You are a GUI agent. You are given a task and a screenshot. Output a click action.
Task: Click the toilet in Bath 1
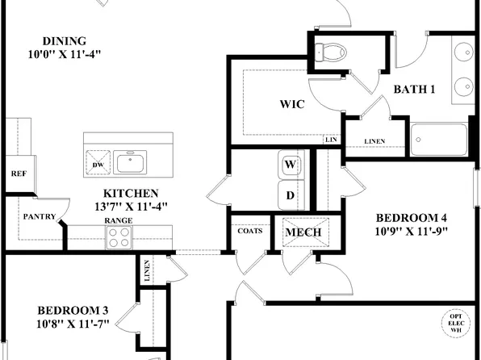(331, 52)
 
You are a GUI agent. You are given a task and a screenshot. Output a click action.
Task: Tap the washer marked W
(291, 164)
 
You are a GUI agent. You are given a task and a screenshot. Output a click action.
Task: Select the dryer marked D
(291, 195)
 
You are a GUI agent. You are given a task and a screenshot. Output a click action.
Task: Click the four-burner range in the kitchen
(119, 237)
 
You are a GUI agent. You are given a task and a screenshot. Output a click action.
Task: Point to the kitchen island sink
(130, 162)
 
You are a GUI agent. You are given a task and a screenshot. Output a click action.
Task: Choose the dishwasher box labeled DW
(98, 162)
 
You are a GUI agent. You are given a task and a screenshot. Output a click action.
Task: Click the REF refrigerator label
(19, 174)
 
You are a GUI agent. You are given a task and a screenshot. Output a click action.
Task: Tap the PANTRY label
(40, 216)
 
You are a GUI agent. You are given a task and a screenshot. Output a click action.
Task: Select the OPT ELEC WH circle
(455, 323)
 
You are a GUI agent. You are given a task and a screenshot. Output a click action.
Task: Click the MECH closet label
(303, 232)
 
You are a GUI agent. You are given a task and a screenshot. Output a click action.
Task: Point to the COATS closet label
(250, 231)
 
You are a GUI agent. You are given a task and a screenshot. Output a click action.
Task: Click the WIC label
(292, 104)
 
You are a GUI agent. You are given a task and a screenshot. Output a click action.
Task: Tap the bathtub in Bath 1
(439, 140)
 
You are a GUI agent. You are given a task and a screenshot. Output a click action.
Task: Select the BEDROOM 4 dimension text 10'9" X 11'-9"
(412, 232)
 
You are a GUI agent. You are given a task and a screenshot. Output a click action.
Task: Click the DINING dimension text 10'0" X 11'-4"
(65, 54)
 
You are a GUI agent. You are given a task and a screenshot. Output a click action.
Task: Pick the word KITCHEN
(131, 194)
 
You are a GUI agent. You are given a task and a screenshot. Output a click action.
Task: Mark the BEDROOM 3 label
(73, 310)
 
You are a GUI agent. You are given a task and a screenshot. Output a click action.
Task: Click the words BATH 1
(414, 90)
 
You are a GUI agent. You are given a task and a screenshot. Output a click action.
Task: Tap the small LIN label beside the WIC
(332, 140)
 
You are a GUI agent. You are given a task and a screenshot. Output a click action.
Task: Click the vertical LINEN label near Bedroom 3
(147, 270)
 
